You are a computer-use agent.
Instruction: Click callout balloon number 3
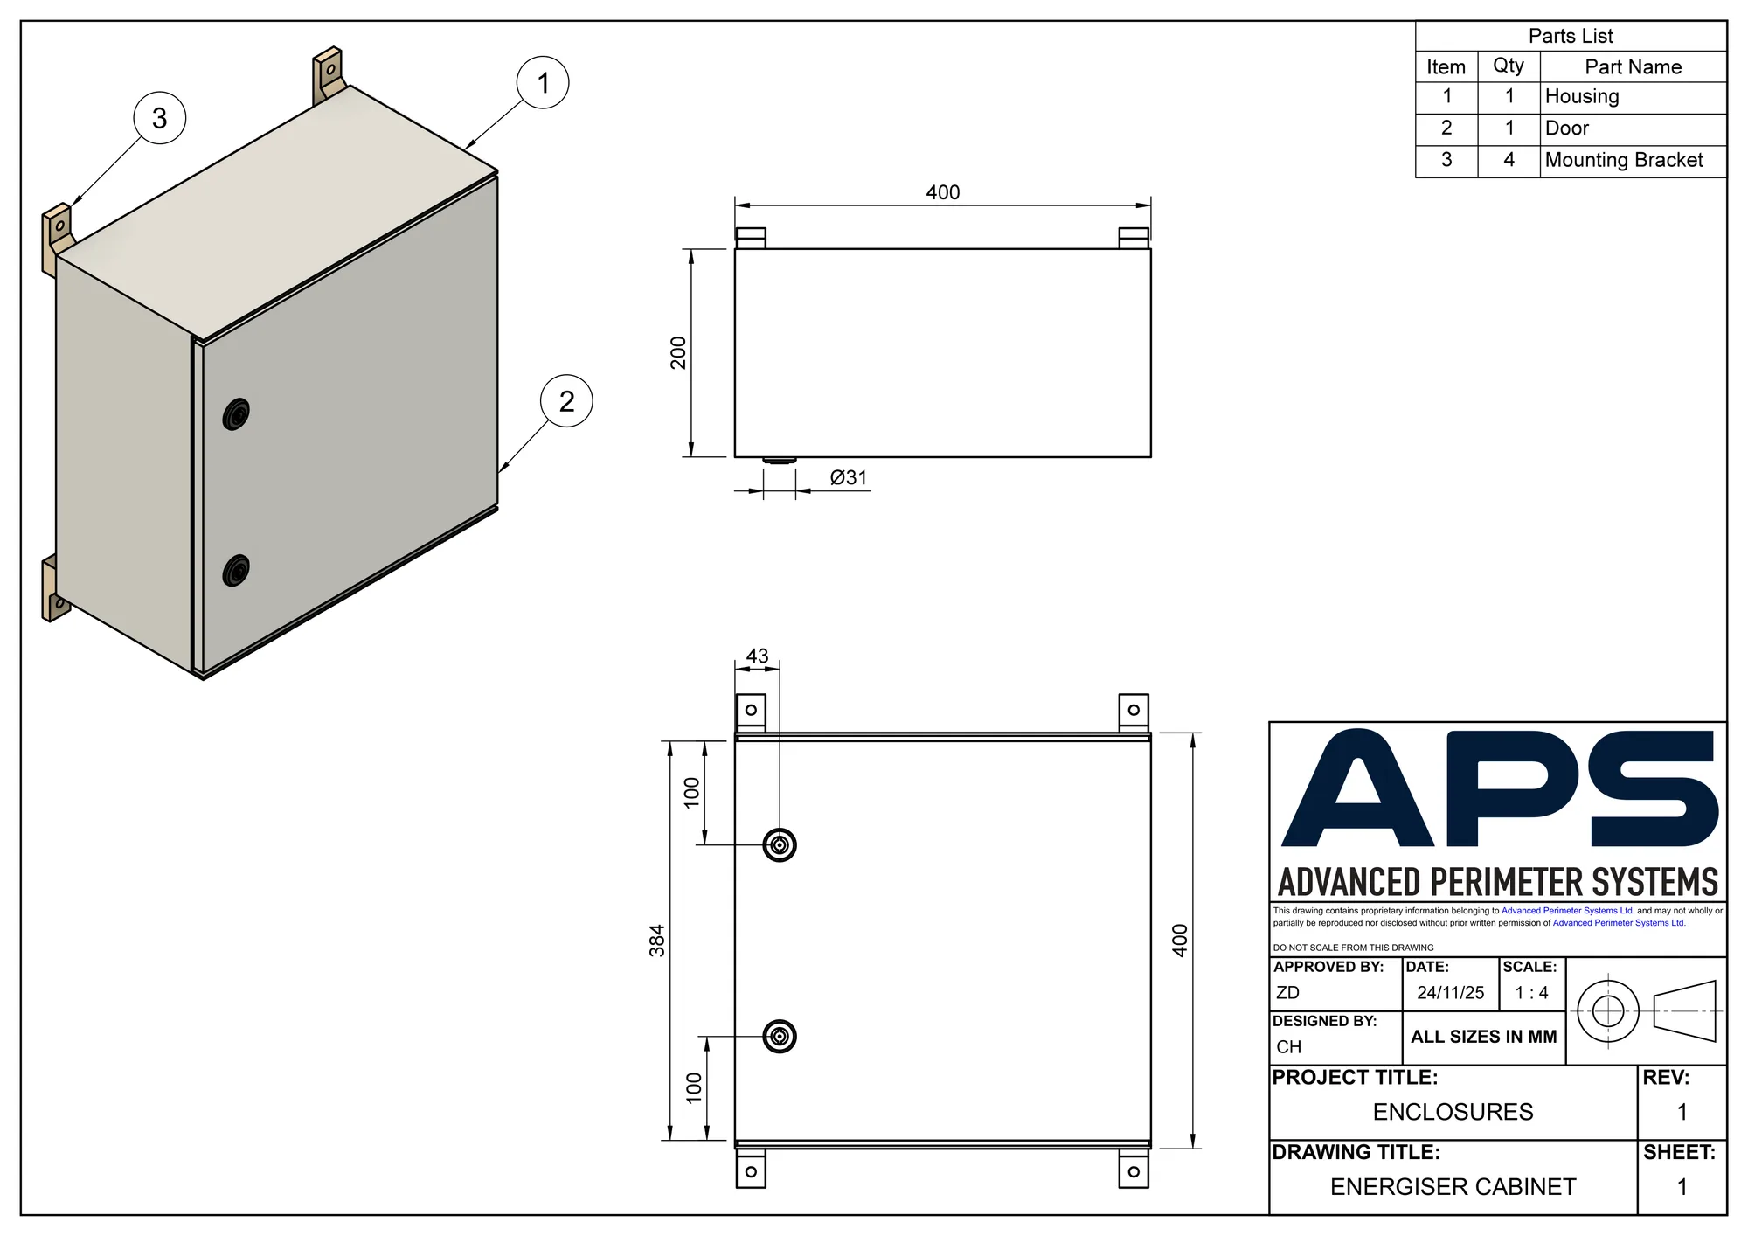[x=160, y=118]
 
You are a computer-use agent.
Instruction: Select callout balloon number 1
[x=543, y=83]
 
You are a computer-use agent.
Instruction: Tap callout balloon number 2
[x=566, y=401]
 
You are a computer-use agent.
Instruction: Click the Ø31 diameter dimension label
[x=849, y=477]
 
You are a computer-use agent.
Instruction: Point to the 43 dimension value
[x=757, y=656]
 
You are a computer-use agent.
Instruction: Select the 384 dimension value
[x=657, y=941]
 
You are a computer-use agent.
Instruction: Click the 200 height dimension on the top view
[x=678, y=353]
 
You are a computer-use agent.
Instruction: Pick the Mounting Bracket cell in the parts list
[x=1624, y=160]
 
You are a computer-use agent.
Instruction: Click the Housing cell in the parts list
[x=1582, y=96]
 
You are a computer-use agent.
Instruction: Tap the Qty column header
[x=1509, y=66]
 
